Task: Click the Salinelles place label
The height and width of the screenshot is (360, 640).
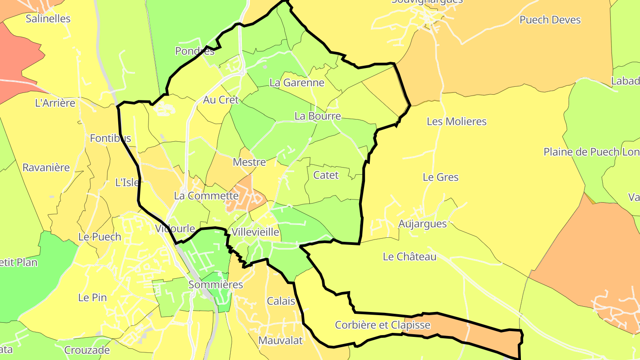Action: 48,19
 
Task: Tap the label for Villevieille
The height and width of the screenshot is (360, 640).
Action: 255,232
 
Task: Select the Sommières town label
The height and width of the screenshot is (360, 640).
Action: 216,284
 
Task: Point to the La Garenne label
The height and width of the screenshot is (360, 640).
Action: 297,83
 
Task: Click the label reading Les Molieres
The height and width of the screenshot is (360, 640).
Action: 456,121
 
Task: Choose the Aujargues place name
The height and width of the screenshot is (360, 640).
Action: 422,224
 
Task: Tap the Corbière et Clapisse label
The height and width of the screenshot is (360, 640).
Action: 382,325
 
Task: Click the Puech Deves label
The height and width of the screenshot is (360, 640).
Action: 550,20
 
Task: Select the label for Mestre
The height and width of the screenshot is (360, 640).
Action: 249,162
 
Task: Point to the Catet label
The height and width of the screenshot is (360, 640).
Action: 326,175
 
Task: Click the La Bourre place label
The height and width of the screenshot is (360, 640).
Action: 317,116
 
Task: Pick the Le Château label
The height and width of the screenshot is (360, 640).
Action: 409,256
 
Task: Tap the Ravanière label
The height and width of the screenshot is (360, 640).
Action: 46,168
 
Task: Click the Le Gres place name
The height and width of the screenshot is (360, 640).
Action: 440,177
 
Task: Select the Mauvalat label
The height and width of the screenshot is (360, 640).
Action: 280,340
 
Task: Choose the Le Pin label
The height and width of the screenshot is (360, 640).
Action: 92,297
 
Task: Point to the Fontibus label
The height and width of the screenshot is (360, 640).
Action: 110,138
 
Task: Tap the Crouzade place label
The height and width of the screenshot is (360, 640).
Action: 87,350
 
